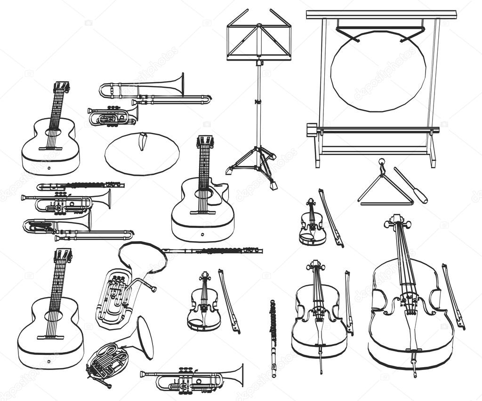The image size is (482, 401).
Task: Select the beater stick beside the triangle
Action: coord(410,185)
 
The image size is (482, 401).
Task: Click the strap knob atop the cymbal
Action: coord(143,141)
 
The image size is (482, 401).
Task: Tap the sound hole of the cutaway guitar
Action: coord(203,194)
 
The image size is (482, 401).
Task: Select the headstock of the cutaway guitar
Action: coord(205,142)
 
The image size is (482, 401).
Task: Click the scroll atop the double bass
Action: coord(397,221)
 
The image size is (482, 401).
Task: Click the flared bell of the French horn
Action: coord(144,338)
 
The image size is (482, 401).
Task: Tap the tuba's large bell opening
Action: coord(142,257)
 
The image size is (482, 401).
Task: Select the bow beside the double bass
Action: coord(453,296)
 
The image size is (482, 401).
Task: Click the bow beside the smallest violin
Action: coord(331,217)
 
